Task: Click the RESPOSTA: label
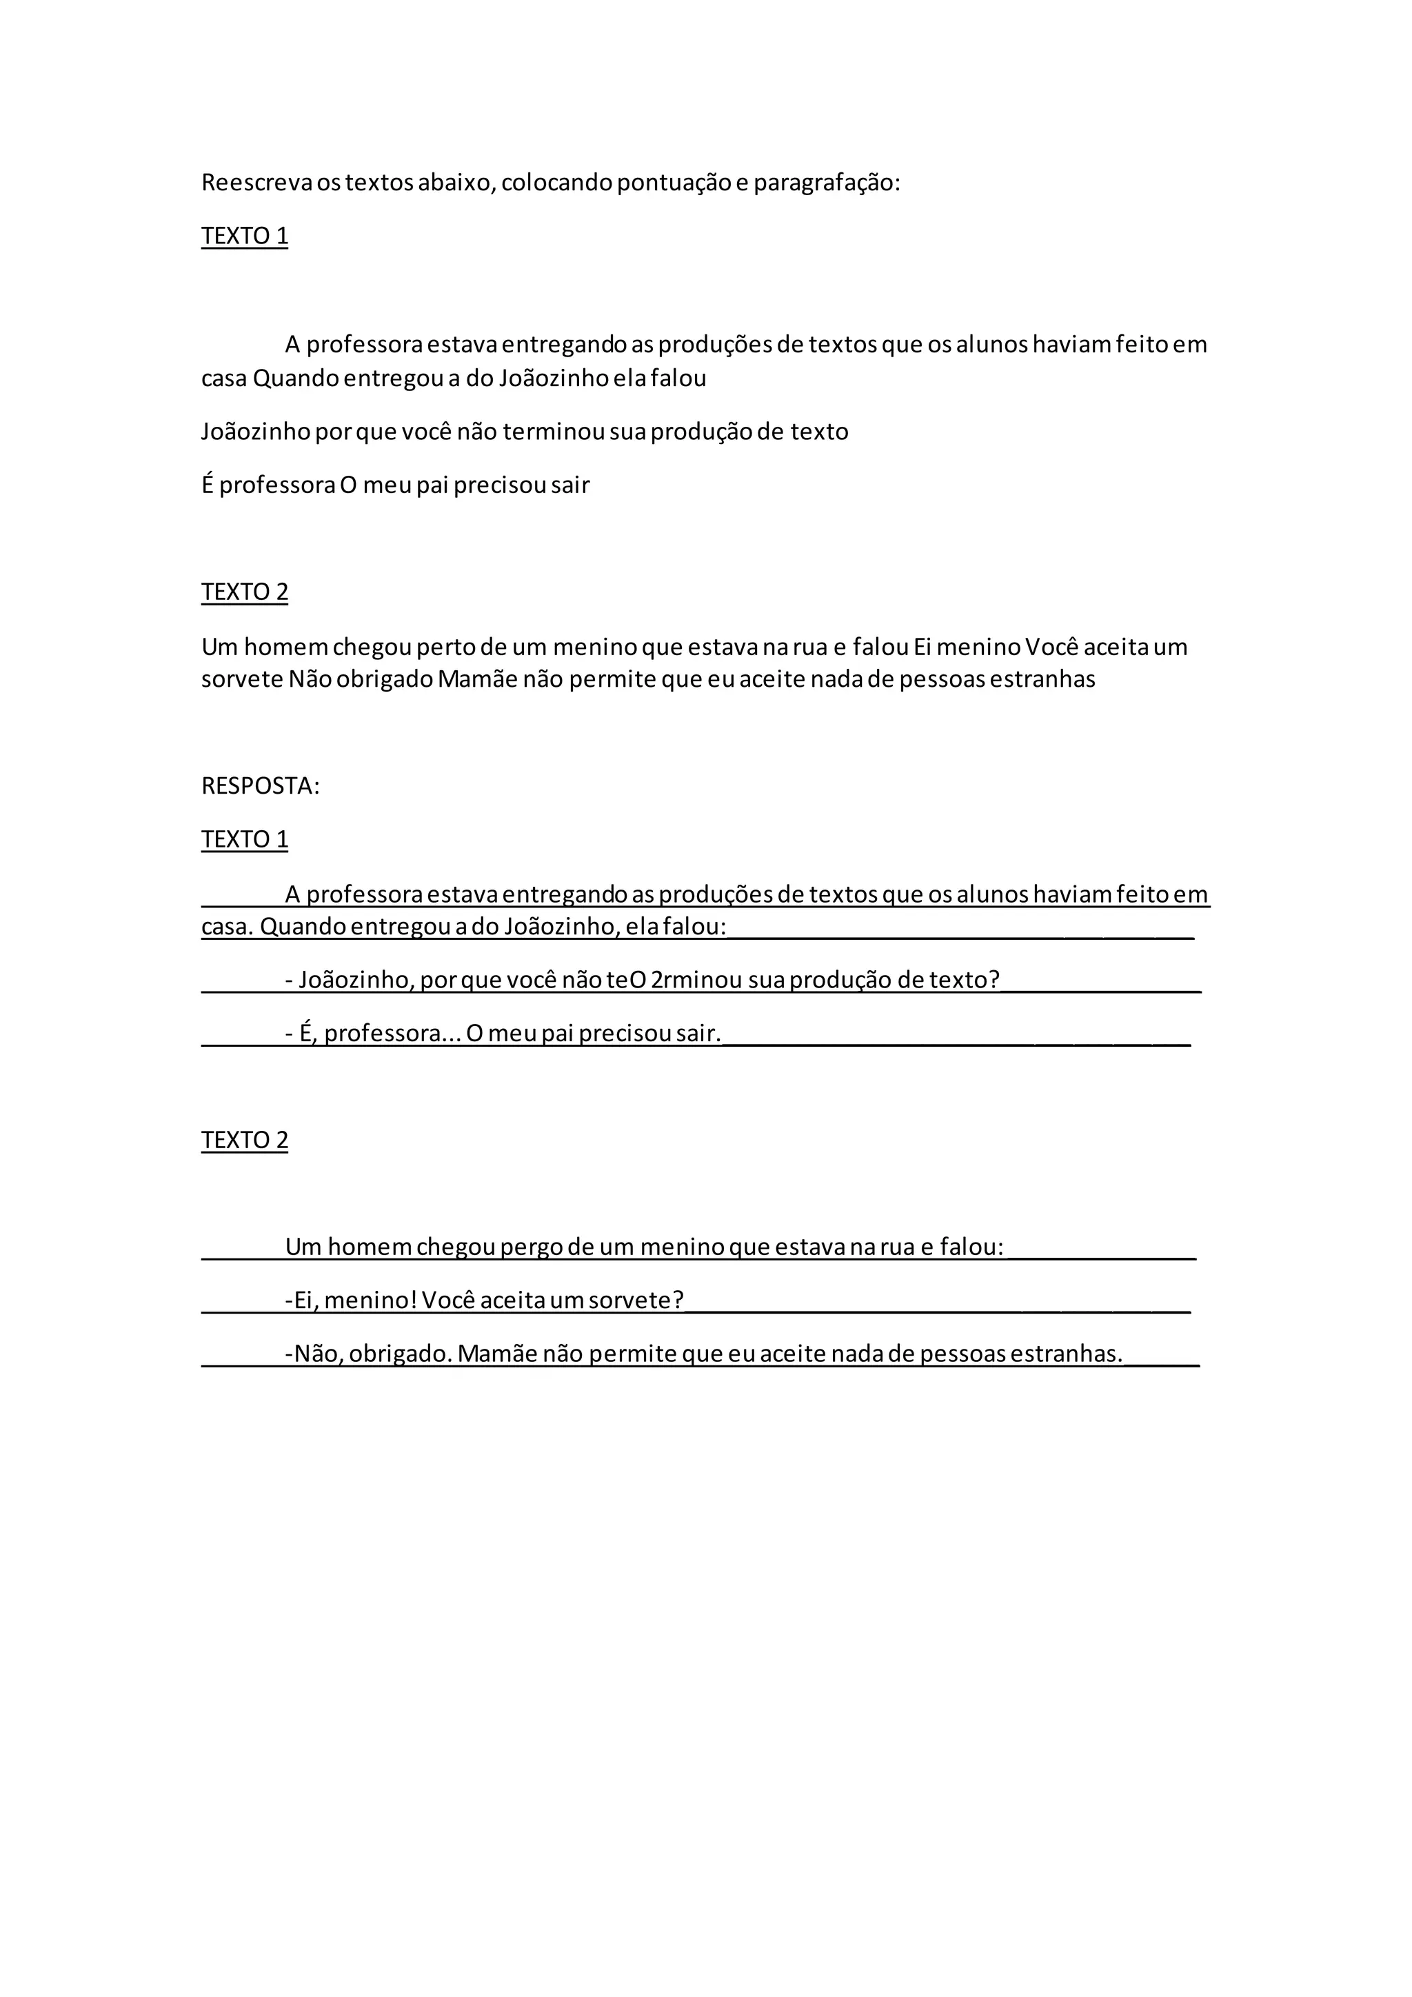(x=261, y=786)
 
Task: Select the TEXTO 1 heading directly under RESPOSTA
(x=244, y=839)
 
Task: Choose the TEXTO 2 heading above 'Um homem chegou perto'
(x=244, y=592)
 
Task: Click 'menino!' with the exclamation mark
(x=370, y=1301)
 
